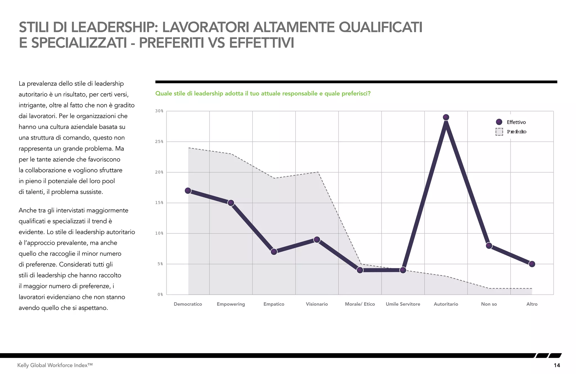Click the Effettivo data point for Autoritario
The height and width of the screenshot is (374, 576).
coord(446,117)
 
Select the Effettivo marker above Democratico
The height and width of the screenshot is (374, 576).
coord(188,191)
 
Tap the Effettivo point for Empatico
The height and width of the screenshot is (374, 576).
coord(274,252)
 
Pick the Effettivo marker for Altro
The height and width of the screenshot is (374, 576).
coord(532,264)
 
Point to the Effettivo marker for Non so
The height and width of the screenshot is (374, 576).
coord(489,246)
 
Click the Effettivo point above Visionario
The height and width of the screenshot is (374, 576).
coord(317,240)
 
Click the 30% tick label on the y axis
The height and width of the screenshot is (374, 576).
coord(159,111)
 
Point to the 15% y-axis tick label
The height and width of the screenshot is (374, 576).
coord(159,203)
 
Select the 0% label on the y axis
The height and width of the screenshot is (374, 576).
coord(160,294)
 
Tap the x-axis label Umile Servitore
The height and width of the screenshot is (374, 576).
coord(403,304)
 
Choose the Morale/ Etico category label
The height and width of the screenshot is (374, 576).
coord(360,304)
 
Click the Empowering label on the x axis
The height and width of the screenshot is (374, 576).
coord(231,304)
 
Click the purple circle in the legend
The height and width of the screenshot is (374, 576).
coord(499,122)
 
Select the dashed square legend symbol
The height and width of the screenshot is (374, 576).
coord(499,132)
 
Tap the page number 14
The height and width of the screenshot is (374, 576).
coord(557,365)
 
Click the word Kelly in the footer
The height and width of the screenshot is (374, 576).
coord(23,365)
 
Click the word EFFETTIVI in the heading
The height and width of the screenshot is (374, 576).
coord(262,43)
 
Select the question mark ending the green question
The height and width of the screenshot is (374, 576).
coord(369,94)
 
